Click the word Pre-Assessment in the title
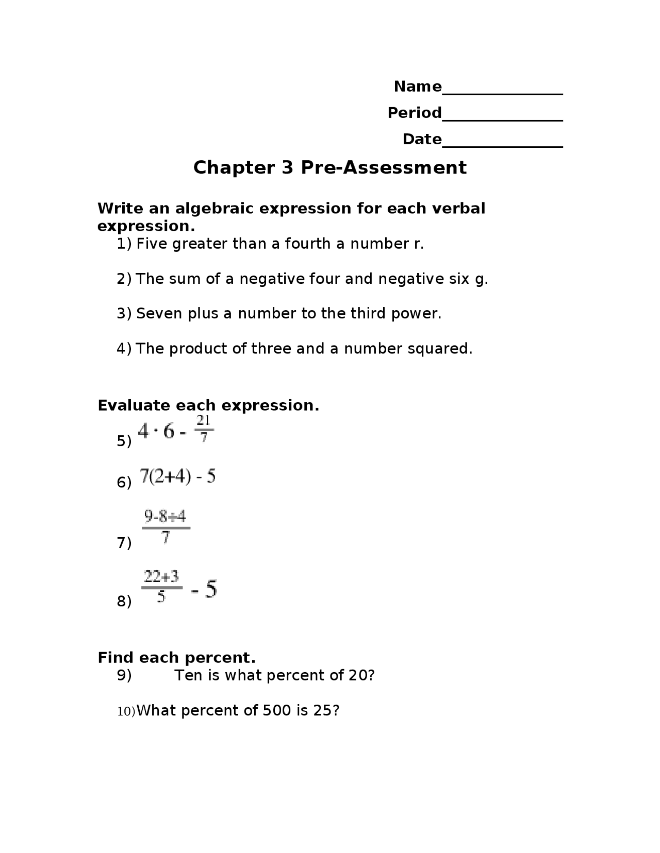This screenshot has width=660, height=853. coord(384,167)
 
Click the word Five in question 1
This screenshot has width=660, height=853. coord(152,244)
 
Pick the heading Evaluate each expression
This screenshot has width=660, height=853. coord(208,405)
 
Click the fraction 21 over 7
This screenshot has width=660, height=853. coord(204,429)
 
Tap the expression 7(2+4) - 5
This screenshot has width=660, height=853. coord(178,476)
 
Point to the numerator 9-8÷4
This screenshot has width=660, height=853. coord(165,516)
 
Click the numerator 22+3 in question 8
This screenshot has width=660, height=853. coord(161,576)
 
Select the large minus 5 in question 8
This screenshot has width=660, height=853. coord(205,589)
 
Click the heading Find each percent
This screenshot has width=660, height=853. coord(176,658)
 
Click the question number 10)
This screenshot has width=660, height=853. coord(126,711)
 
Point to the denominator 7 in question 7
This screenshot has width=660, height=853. coord(165,538)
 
